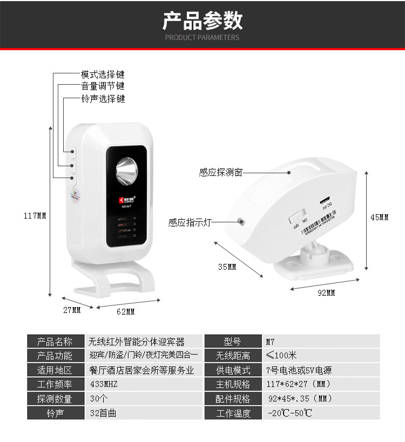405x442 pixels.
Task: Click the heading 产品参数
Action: (x=202, y=21)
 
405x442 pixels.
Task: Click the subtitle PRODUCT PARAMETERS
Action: (x=202, y=38)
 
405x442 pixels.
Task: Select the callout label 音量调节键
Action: (x=103, y=86)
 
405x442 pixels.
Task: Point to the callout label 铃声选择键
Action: (x=103, y=99)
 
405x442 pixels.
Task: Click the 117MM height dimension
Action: (x=35, y=216)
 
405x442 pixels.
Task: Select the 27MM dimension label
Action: (x=72, y=310)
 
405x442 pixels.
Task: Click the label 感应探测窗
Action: (x=220, y=173)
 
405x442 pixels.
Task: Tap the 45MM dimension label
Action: (x=379, y=217)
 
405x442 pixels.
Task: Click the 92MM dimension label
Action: (x=326, y=293)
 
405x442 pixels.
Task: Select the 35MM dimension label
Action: (x=227, y=267)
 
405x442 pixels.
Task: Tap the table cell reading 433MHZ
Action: (x=104, y=384)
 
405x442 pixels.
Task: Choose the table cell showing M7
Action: (x=271, y=342)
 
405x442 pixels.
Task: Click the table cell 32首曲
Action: (x=103, y=413)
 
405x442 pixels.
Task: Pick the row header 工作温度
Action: (x=233, y=413)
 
